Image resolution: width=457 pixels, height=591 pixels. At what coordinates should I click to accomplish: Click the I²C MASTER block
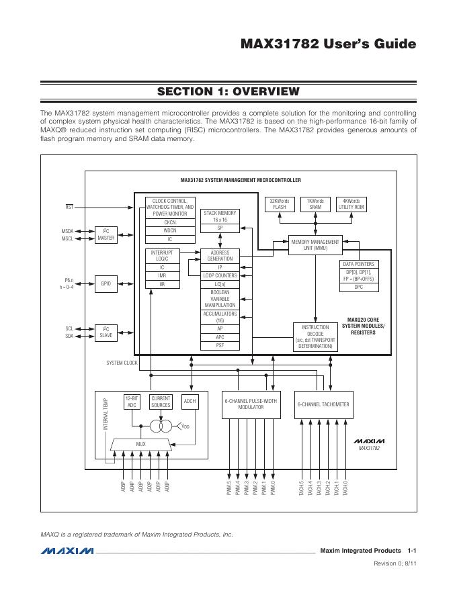[106, 235]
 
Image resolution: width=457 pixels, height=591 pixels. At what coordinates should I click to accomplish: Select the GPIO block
[106, 283]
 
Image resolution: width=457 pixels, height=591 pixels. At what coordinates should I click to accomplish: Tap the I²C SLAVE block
[106, 332]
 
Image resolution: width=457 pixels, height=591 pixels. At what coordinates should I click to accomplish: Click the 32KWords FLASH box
[278, 204]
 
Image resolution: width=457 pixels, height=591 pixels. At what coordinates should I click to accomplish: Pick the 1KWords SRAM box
[315, 204]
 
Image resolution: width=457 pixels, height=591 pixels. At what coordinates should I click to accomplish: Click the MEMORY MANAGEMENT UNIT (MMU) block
[315, 245]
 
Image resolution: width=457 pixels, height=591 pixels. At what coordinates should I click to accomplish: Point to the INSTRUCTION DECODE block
[315, 336]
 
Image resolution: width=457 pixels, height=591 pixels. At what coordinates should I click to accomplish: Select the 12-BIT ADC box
[132, 402]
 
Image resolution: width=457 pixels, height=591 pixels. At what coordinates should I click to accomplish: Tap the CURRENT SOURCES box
[161, 402]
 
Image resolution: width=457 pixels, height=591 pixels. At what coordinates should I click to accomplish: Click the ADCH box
[190, 402]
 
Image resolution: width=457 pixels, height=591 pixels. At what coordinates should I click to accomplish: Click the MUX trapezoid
[140, 444]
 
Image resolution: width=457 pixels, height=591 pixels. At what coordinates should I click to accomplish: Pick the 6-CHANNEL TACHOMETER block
[323, 404]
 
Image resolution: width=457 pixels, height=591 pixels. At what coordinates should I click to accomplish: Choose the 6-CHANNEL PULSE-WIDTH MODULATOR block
[250, 404]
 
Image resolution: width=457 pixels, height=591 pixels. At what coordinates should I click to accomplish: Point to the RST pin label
[69, 208]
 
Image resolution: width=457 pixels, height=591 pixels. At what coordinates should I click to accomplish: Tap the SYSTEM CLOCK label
[122, 363]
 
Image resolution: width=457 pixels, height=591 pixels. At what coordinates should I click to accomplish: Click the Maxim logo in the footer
[67, 551]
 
